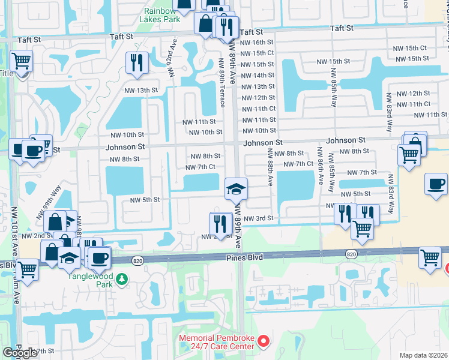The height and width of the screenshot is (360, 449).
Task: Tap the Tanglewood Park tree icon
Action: pos(122,279)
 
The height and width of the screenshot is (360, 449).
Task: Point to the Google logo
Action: pos(19,353)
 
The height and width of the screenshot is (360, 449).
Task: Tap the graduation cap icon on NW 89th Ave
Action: pos(236,190)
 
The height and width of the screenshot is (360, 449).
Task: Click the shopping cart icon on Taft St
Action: pos(20,61)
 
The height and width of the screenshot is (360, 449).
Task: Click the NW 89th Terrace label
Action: pos(221,78)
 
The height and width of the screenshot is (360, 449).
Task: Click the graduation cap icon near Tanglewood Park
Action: pos(70,257)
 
